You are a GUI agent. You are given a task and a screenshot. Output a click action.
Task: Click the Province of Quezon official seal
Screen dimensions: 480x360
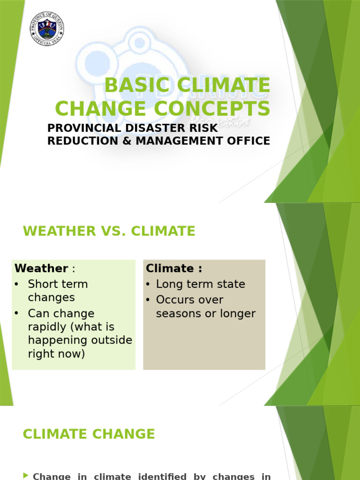pos(47,29)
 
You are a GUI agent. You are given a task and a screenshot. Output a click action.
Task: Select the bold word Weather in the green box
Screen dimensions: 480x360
pos(41,269)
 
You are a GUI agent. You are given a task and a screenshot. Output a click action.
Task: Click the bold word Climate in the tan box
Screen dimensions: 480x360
pos(170,269)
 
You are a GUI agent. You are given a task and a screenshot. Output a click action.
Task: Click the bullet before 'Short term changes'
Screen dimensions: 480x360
pos(17,284)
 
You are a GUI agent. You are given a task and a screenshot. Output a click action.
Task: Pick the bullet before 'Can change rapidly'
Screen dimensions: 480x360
pos(17,313)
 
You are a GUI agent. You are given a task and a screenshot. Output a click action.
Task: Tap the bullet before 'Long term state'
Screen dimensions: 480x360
pos(148,284)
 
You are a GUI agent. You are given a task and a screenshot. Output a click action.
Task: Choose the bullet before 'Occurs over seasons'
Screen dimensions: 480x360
pos(148,300)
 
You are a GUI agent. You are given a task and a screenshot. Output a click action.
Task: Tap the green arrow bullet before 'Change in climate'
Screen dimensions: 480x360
pos(26,476)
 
